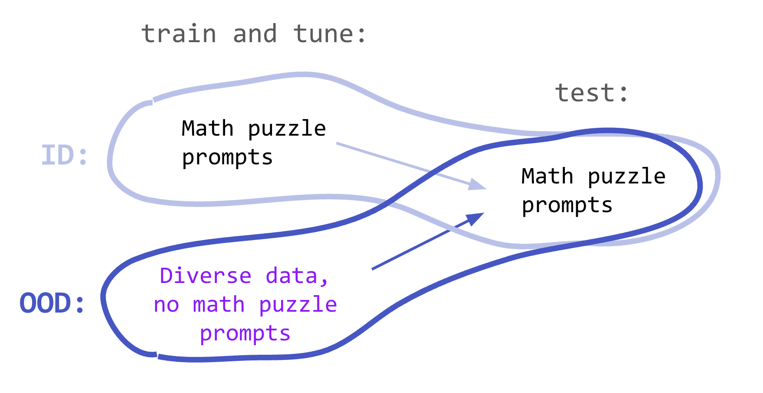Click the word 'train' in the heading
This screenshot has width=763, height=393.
pos(179,34)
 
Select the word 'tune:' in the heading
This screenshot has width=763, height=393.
pos(330,34)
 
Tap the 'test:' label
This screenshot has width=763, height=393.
pos(592,93)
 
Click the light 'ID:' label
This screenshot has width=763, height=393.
pos(65,156)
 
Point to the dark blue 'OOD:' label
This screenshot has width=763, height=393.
pos(52,303)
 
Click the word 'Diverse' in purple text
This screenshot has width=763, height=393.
pos(206,276)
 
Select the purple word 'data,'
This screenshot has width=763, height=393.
pos(297,276)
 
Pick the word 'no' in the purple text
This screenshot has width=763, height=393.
pos(166,305)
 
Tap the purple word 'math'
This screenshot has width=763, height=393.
pos(219,305)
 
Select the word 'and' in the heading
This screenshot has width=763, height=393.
pos(255,34)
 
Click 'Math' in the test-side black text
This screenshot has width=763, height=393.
pos(547,177)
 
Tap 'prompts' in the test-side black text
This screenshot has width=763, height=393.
pos(567,205)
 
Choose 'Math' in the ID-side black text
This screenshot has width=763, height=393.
pos(208,129)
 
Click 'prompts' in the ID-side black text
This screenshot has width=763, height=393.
pos(227,157)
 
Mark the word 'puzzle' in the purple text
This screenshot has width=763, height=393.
pos(298,305)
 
